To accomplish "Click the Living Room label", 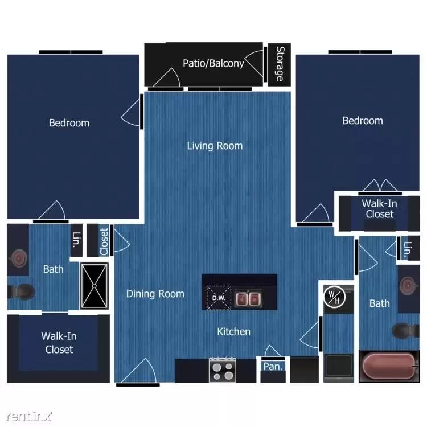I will (215, 146).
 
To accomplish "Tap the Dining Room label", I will (155, 294).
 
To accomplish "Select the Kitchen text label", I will (233, 331).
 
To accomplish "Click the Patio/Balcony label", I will (213, 63).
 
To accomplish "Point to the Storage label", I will (280, 63).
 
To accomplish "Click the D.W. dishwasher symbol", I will (218, 297).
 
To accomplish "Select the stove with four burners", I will (223, 370).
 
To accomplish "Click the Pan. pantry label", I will (273, 367).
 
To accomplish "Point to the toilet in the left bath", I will (22, 291).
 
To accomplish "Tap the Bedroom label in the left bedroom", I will (69, 122).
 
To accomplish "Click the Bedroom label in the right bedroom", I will (362, 121).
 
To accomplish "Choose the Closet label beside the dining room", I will (104, 241).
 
